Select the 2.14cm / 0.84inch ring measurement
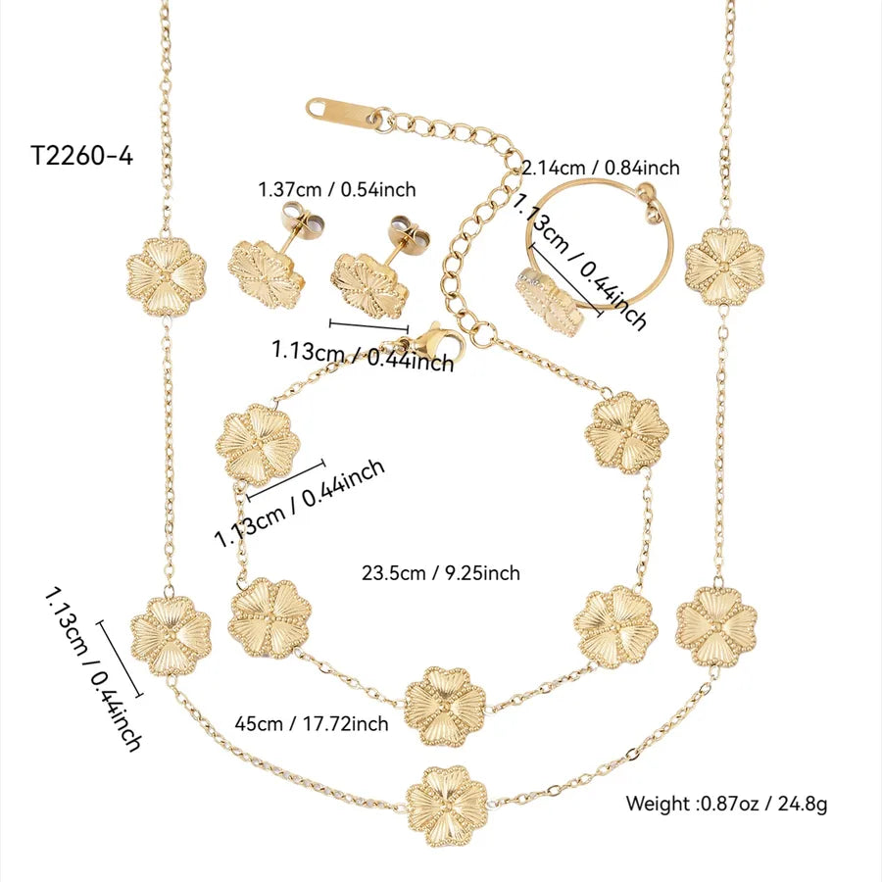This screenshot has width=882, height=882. pyautogui.click(x=600, y=169)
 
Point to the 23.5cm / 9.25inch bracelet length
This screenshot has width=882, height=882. pyautogui.click(x=441, y=573)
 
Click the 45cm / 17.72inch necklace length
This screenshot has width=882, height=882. pyautogui.click(x=312, y=723)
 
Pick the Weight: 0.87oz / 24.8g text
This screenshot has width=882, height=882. pyautogui.click(x=727, y=805)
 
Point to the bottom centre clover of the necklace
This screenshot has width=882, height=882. pyautogui.click(x=446, y=806)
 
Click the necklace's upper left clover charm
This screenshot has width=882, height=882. pyautogui.click(x=166, y=275)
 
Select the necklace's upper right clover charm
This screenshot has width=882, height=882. pyautogui.click(x=724, y=267)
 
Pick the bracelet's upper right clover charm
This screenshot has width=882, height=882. pyautogui.click(x=626, y=431)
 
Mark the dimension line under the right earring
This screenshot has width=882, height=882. pyautogui.click(x=368, y=325)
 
